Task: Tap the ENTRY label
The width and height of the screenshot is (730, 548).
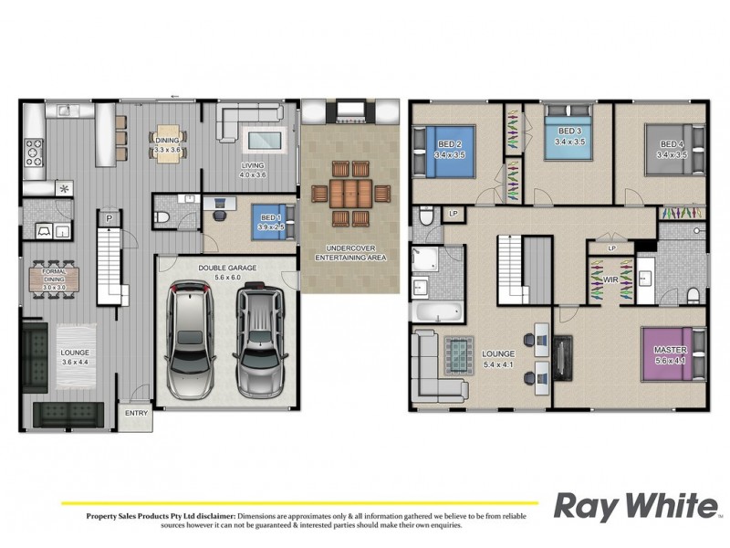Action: pyautogui.click(x=136, y=414)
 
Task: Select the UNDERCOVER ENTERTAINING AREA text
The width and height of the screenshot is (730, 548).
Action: pyautogui.click(x=351, y=253)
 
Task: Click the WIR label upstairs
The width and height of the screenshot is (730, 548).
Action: pyautogui.click(x=611, y=281)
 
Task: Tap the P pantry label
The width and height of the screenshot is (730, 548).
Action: pyautogui.click(x=108, y=218)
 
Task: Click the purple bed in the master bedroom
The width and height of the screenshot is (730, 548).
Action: pyautogui.click(x=673, y=355)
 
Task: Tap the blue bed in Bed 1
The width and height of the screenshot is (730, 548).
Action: pyautogui.click(x=272, y=222)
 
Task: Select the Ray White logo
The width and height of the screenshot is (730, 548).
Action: pyautogui.click(x=636, y=506)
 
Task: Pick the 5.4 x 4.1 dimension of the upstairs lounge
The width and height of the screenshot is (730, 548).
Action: pyautogui.click(x=497, y=364)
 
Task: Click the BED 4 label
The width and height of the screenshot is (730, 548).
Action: pyautogui.click(x=673, y=143)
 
